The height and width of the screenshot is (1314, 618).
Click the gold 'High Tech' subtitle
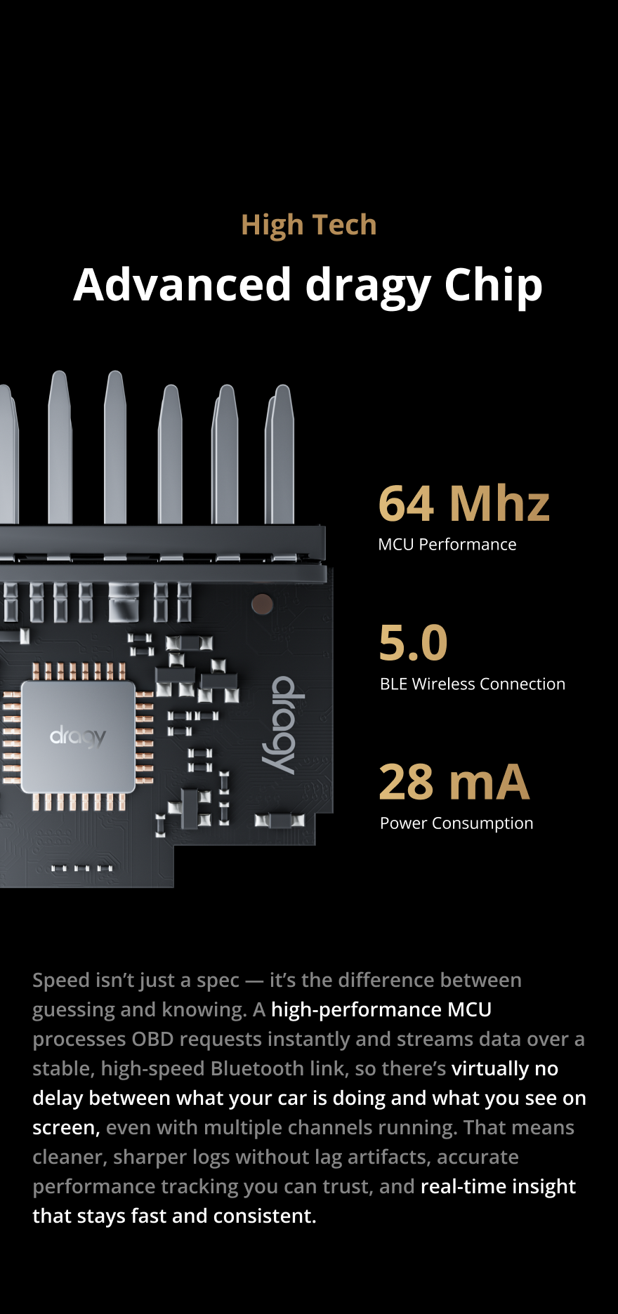click(x=309, y=225)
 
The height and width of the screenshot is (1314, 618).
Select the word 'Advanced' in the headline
click(x=182, y=285)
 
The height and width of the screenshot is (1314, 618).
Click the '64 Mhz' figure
click(x=463, y=504)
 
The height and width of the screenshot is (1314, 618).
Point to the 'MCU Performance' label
click(x=447, y=545)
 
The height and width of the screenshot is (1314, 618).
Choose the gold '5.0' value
click(x=413, y=643)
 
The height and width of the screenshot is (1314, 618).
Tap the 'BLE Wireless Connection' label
click(x=472, y=684)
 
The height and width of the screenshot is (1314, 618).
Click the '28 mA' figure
click(x=454, y=783)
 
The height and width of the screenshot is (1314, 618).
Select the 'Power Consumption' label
click(x=456, y=823)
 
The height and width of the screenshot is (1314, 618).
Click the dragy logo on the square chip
click(x=78, y=737)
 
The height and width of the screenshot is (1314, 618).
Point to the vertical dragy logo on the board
click(x=283, y=725)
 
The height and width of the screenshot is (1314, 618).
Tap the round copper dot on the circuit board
click(x=262, y=604)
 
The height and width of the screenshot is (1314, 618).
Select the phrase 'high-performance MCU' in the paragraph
click(x=381, y=1010)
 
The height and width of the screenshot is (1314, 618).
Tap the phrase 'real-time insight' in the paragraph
click(x=498, y=1187)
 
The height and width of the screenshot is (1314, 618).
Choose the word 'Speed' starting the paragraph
click(x=61, y=981)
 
